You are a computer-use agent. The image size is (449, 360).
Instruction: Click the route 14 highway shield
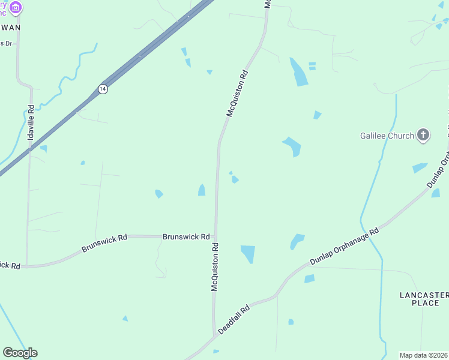click(103, 88)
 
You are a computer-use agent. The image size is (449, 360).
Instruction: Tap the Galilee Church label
click(387, 136)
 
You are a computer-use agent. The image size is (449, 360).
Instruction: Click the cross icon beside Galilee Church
click(423, 135)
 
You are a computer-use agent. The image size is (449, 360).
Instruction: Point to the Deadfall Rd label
click(234, 320)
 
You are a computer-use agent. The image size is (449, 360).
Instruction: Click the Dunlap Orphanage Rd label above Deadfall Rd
click(344, 246)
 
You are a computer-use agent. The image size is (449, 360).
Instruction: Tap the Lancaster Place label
click(424, 299)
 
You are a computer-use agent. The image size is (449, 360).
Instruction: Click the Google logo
click(20, 353)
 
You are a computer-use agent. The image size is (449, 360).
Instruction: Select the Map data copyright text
click(423, 355)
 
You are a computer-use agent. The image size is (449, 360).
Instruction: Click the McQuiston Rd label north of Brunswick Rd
click(237, 94)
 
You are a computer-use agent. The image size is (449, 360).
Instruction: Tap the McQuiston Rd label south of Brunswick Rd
click(215, 267)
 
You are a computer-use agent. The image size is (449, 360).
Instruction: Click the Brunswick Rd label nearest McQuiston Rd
click(186, 237)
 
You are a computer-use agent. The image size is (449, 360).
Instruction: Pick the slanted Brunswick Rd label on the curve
click(104, 242)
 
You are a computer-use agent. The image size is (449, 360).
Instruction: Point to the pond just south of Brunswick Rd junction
click(247, 254)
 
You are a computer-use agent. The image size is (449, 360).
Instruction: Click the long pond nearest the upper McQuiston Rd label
click(298, 72)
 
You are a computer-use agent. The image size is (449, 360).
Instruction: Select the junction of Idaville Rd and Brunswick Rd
click(26, 265)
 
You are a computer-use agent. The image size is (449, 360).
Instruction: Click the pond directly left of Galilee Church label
click(292, 146)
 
